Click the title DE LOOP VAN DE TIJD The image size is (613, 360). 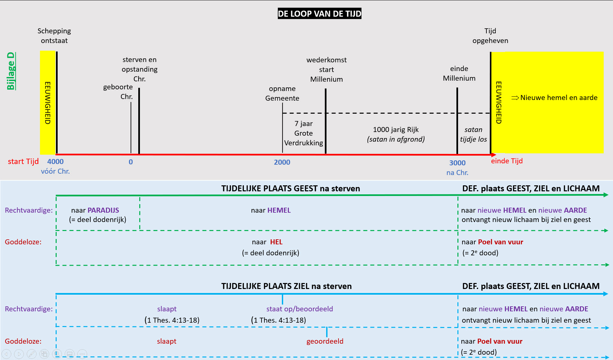click(x=319, y=14)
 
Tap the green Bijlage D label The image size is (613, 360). click(x=11, y=71)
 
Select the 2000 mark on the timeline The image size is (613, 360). click(x=282, y=162)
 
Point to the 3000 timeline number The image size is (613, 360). click(x=457, y=163)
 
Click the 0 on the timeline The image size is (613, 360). click(x=131, y=162)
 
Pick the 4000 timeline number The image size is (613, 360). click(x=55, y=162)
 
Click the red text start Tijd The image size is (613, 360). click(x=23, y=162)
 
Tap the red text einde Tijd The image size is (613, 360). click(x=506, y=161)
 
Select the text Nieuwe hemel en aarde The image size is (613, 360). click(x=559, y=98)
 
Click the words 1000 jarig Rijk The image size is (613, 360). click(x=395, y=130)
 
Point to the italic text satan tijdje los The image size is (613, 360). click(x=473, y=134)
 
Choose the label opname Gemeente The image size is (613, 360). click(x=282, y=93)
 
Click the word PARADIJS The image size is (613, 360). click(x=103, y=210)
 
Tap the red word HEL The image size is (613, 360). click(x=276, y=242)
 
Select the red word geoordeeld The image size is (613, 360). click(x=325, y=341)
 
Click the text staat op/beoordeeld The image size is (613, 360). click(x=300, y=309)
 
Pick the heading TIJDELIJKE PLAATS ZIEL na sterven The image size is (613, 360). click(x=287, y=286)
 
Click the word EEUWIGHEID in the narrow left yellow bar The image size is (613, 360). click(x=48, y=103)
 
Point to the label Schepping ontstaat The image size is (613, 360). click(x=54, y=36)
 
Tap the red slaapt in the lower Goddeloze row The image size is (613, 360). click(x=167, y=341)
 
